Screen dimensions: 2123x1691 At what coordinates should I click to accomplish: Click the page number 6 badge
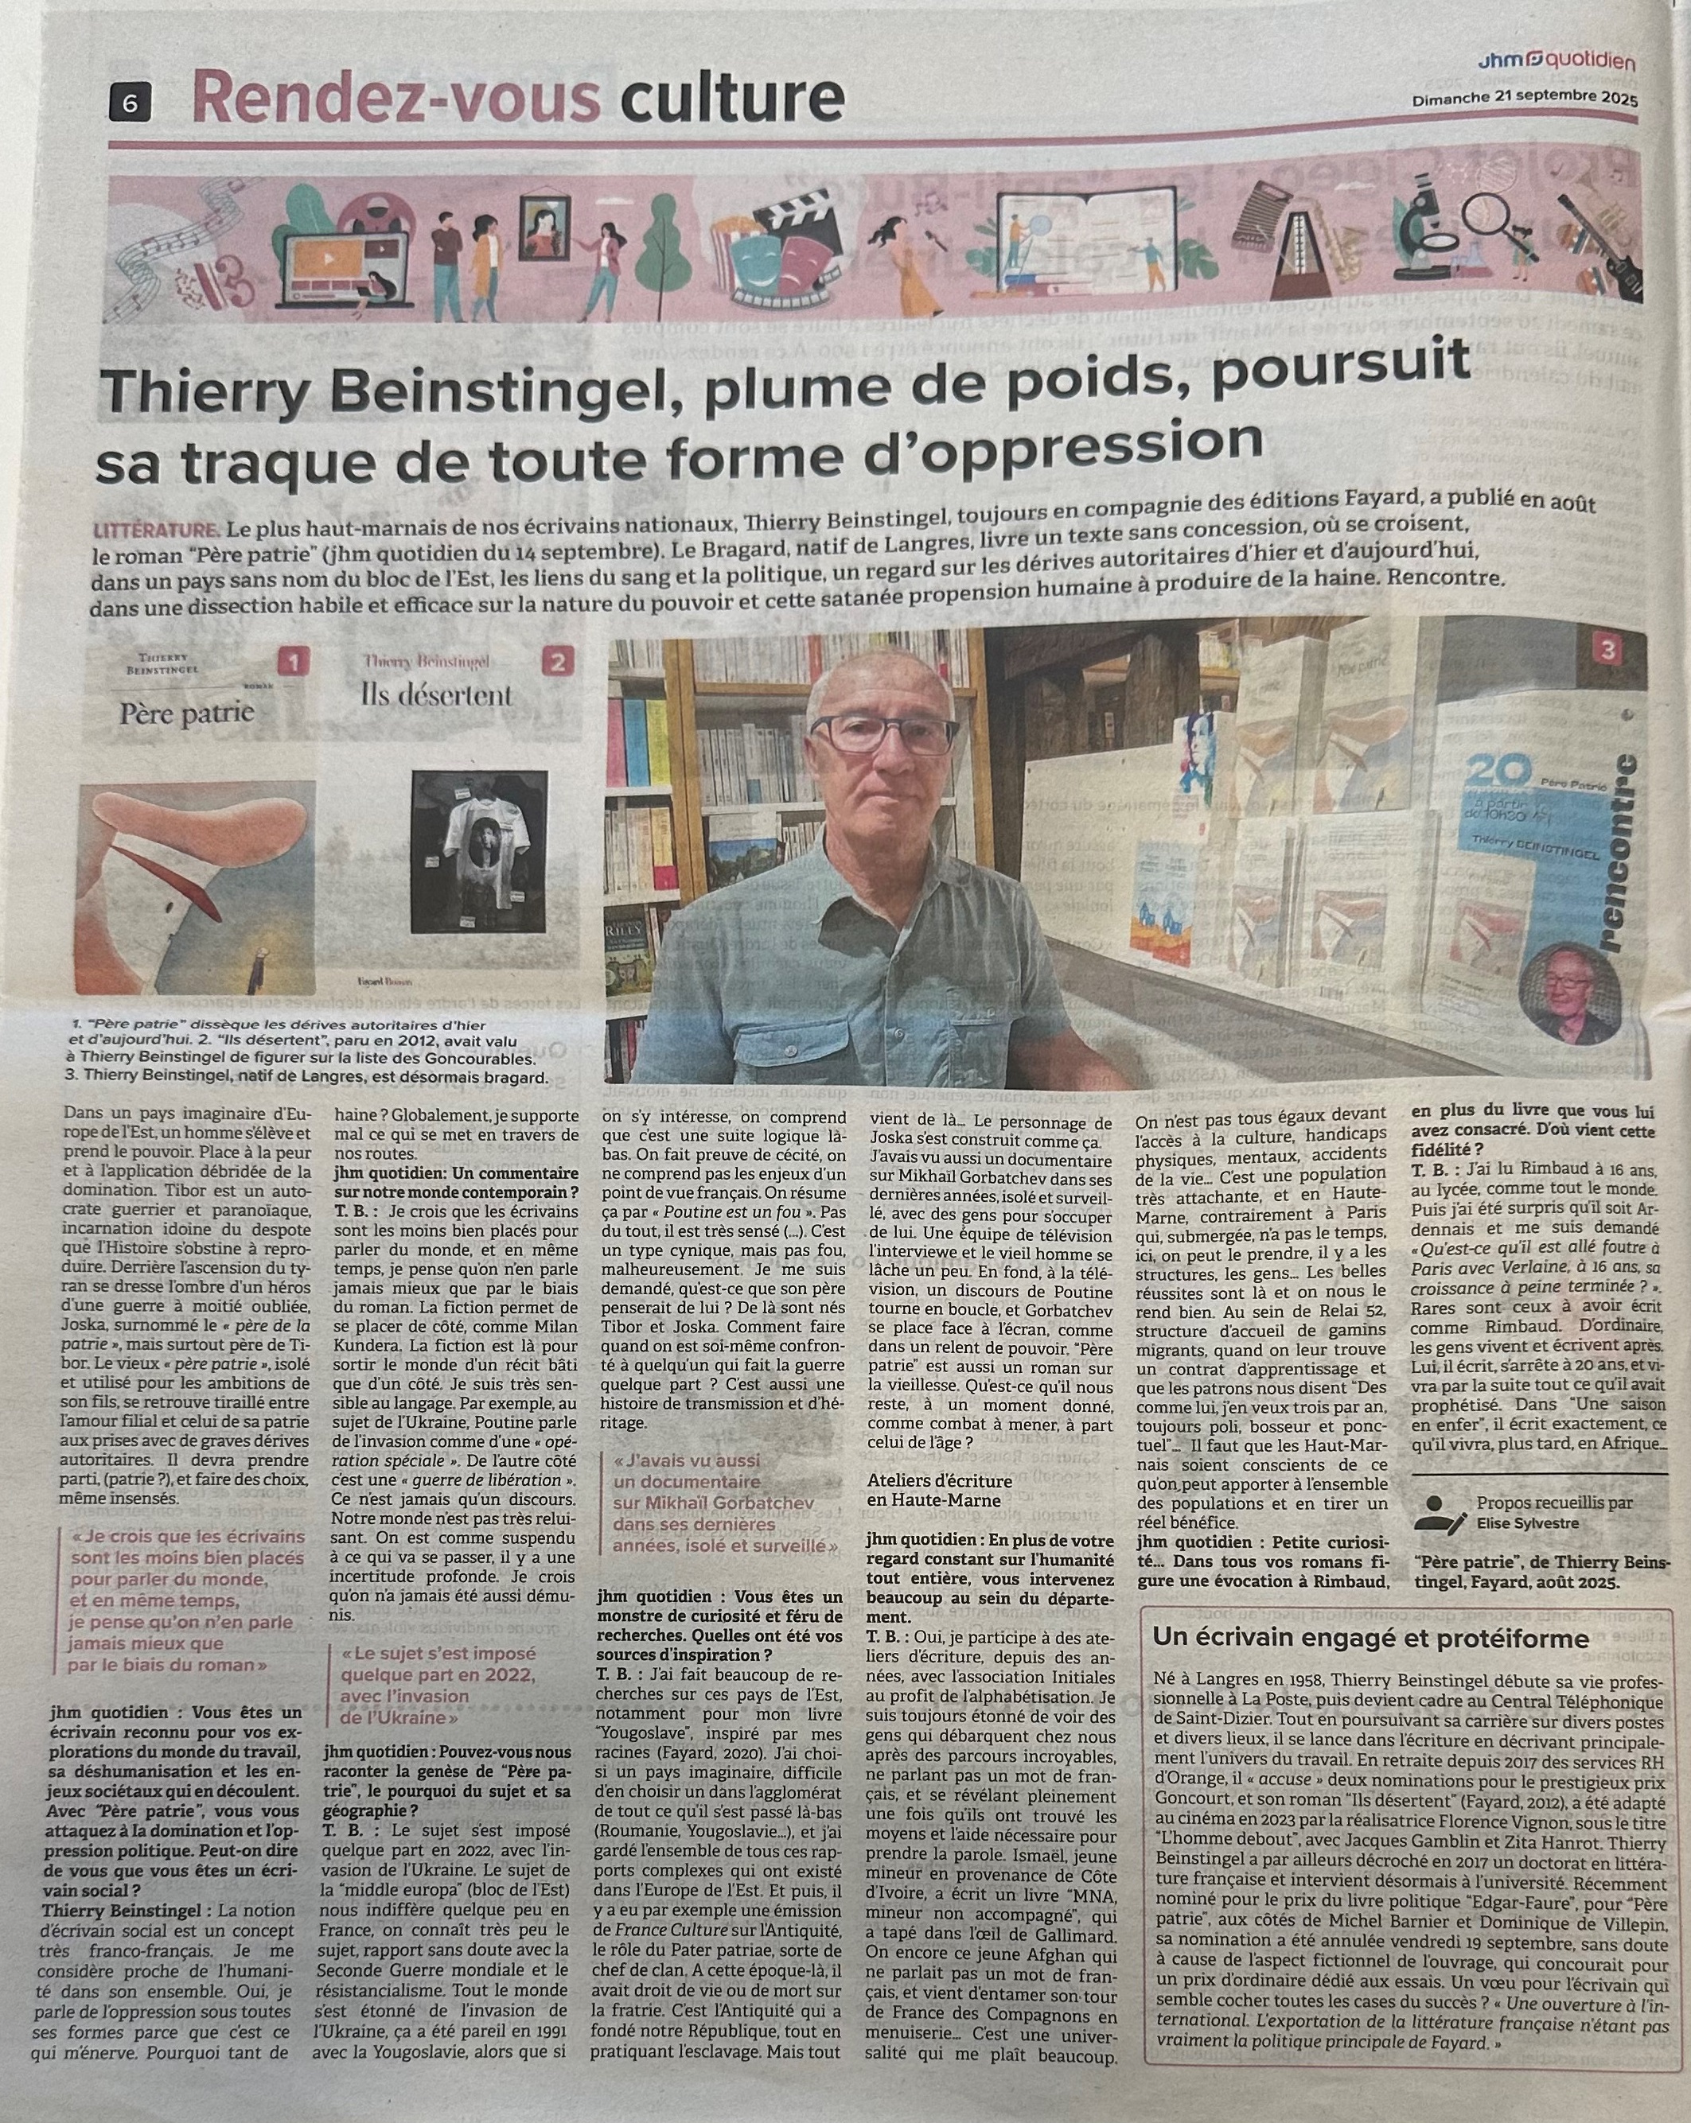132,99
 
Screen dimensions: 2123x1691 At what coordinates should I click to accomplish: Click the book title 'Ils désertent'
450,695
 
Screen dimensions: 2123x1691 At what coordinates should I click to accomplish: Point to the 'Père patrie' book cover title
186,711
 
